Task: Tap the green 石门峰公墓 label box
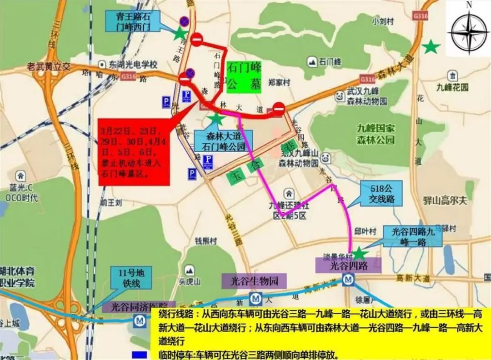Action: pos(244,77)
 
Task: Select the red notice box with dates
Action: pos(134,152)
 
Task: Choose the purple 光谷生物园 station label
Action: pos(254,280)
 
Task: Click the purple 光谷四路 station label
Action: pos(348,265)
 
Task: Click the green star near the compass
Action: pos(430,46)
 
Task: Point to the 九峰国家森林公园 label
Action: pos(376,134)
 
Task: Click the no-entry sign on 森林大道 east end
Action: pos(278,109)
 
